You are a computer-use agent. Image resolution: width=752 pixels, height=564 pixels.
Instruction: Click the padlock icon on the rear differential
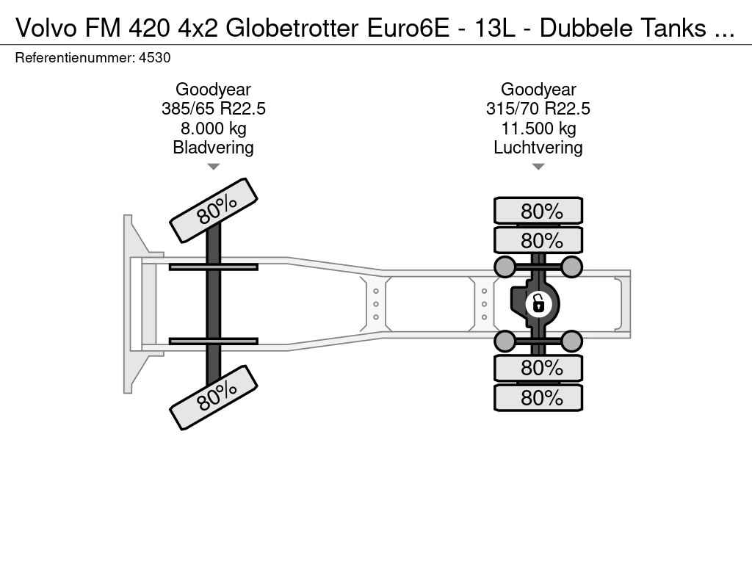[538, 304]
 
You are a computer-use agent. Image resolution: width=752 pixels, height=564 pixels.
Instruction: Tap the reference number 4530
[154, 58]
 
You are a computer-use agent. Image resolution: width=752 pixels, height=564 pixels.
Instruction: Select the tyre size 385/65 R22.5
[214, 109]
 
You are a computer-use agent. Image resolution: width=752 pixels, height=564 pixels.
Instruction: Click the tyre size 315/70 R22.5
[538, 109]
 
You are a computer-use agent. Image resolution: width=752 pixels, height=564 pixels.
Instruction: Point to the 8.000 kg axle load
[214, 129]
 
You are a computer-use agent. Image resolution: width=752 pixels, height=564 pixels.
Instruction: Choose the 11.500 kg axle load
[538, 129]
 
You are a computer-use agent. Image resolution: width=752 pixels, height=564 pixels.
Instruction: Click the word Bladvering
[214, 148]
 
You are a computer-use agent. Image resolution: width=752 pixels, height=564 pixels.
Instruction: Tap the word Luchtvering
[538, 148]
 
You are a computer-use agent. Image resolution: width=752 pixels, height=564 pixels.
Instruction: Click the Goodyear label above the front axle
[214, 89]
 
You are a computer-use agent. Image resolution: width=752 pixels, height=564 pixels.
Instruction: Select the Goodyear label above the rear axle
[538, 89]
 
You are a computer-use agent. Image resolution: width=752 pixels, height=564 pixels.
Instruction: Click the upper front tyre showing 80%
[214, 210]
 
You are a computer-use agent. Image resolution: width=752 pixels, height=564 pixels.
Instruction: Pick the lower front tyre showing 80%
[214, 397]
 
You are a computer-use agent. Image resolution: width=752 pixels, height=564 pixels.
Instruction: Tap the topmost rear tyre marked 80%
[538, 211]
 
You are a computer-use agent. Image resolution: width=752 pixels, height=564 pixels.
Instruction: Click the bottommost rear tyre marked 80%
[538, 397]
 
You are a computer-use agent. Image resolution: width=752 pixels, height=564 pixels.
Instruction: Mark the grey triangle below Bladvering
[214, 167]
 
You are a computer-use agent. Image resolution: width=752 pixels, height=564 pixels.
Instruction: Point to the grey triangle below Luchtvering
[538, 167]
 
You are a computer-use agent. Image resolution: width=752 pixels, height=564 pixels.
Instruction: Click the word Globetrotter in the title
[292, 28]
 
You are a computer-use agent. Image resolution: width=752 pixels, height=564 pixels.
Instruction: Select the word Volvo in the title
[46, 28]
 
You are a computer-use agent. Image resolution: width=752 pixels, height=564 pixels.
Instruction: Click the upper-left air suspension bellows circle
[505, 267]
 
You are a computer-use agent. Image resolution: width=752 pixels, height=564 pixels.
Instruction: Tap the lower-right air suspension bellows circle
[571, 341]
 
